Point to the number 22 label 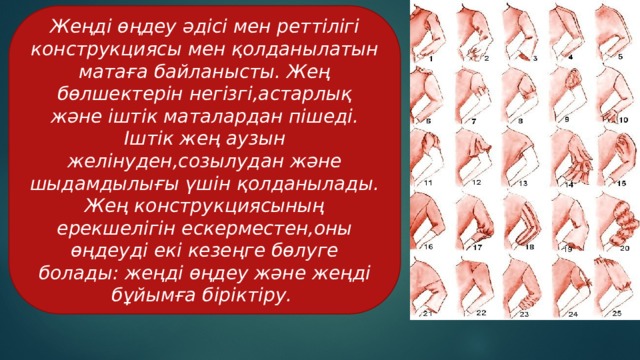pyautogui.click(x=480, y=313)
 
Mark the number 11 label pyautogui.click(x=428, y=183)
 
